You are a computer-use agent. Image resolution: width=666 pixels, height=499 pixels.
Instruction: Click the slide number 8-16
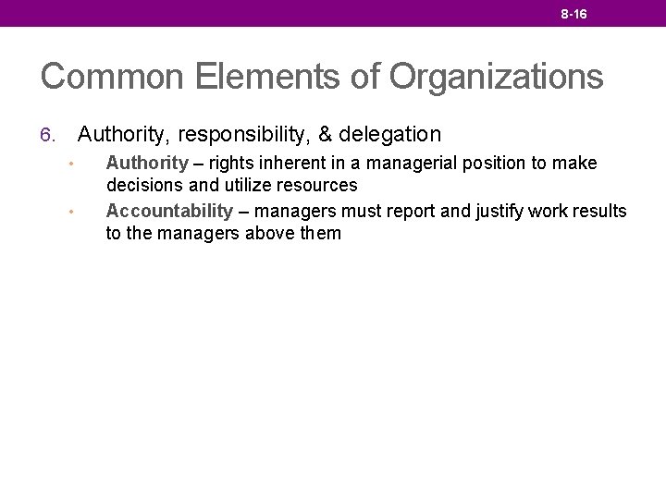[573, 14]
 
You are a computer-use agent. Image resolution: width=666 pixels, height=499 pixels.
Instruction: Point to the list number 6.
[49, 135]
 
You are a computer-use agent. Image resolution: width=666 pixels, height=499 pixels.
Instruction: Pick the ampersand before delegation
[326, 135]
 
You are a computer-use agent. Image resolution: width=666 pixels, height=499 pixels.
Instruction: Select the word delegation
[390, 135]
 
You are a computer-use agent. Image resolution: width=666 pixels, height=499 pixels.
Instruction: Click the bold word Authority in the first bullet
[147, 164]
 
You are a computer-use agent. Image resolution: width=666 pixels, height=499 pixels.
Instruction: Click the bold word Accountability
[169, 212]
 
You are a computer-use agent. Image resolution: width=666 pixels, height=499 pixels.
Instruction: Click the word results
[599, 212]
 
